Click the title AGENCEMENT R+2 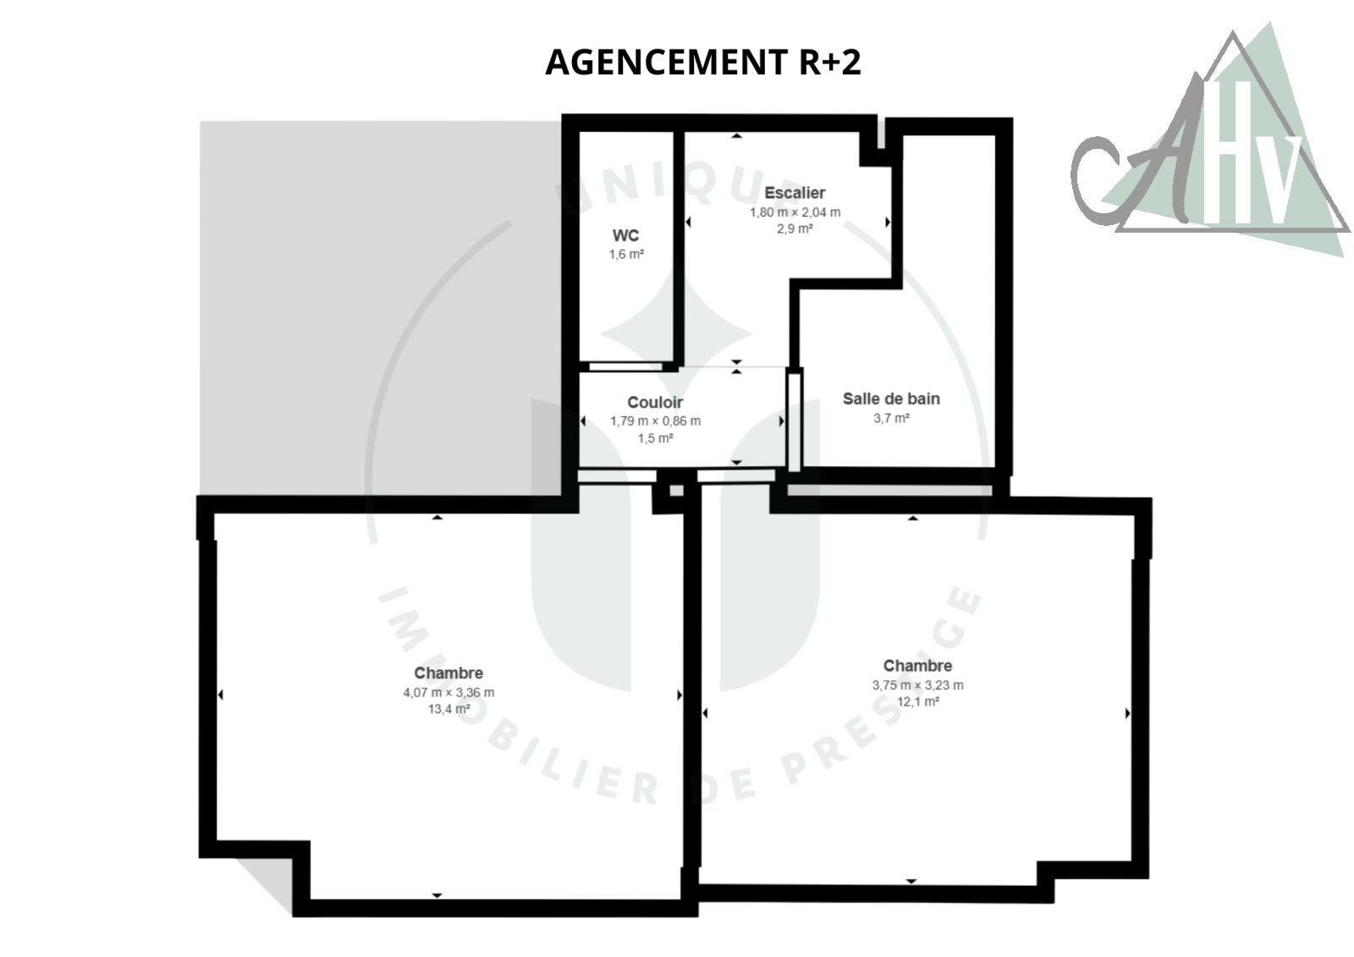coord(703,63)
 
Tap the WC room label coord(625,235)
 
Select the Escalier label coord(795,193)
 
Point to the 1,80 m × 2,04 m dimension coord(795,212)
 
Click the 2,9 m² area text coord(795,228)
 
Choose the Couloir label coord(655,402)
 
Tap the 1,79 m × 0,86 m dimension coord(655,421)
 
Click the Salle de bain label coord(892,399)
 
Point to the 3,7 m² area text coord(892,418)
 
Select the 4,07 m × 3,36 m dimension coord(449,692)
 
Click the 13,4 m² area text coord(449,708)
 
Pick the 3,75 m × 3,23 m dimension coord(917,685)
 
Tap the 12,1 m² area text coord(917,701)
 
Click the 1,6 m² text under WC coord(626,254)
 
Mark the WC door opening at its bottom coord(625,366)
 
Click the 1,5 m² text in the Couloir coord(655,437)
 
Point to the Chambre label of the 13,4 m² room coord(449,673)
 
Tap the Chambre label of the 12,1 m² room coord(917,666)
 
